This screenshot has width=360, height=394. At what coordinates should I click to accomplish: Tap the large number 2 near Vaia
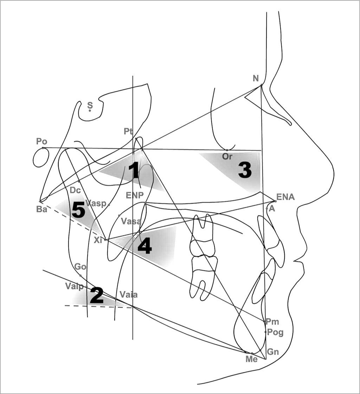coord(97,295)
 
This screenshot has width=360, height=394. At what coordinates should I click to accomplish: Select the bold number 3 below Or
coord(245,171)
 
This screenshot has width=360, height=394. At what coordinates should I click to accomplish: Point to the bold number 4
coord(144,247)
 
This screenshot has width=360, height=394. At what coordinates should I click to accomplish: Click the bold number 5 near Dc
coord(78,210)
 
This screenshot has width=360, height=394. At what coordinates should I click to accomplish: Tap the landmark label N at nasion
coord(256,78)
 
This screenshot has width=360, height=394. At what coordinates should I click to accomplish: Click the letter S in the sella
coord(90,105)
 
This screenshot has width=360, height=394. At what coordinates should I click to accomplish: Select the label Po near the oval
coord(41,141)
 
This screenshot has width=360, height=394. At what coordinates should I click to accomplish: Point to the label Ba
coord(41,209)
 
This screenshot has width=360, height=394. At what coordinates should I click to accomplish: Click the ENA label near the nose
coord(285,197)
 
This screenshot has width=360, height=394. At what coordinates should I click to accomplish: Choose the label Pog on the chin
coord(275,332)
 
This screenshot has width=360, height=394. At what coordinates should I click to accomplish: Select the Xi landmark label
coord(98,240)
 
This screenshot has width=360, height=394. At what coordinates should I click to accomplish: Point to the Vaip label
coord(74,286)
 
